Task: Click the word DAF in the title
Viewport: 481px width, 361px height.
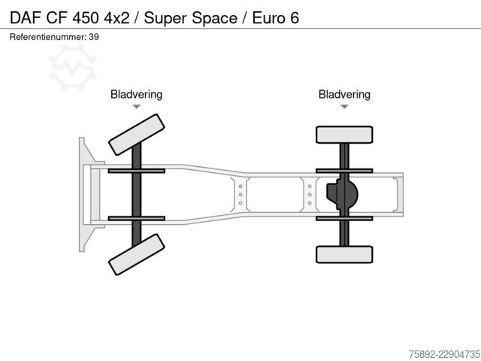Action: click(x=26, y=18)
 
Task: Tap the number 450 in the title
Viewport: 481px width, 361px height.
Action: click(x=86, y=18)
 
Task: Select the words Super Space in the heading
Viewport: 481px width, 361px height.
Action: click(x=190, y=18)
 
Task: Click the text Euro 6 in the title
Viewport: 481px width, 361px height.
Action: click(x=276, y=18)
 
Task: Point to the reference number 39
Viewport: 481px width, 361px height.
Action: click(x=94, y=37)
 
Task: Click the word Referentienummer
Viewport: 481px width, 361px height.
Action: click(x=48, y=37)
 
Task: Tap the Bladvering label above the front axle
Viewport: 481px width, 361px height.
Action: click(x=136, y=95)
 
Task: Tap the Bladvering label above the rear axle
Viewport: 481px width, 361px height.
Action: click(x=344, y=95)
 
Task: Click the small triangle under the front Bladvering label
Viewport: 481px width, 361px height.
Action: click(x=137, y=107)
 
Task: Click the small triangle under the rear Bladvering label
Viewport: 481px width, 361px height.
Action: click(x=344, y=107)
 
